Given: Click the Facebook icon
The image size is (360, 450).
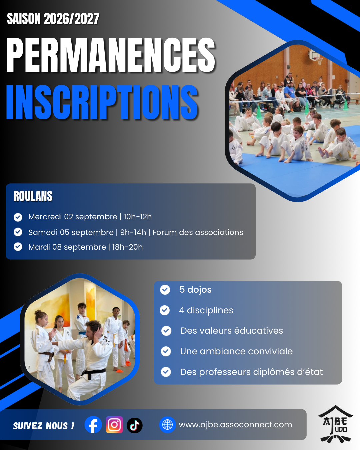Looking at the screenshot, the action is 93,425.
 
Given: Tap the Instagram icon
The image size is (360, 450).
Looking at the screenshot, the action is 114,425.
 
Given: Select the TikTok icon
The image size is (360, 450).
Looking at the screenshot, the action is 135,425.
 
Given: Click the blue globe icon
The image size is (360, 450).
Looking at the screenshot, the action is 167,425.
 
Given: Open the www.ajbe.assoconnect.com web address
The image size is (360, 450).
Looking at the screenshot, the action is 235,425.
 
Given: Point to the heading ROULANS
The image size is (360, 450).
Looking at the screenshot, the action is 33,196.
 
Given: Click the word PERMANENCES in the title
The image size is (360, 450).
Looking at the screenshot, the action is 111,55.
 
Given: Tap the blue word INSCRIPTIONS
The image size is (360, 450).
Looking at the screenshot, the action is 102,102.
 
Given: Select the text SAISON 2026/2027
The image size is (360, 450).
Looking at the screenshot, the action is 53,19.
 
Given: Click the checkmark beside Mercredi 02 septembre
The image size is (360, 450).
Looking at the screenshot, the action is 18,217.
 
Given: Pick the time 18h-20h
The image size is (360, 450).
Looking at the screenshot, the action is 127,247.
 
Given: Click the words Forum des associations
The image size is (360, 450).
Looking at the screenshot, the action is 198,232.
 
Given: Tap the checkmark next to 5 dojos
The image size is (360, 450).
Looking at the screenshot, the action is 165,290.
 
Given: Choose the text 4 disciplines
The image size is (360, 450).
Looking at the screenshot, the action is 206,310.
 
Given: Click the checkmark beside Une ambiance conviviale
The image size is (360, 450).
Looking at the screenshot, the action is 166,351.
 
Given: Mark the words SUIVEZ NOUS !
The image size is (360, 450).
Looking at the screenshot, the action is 44,426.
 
